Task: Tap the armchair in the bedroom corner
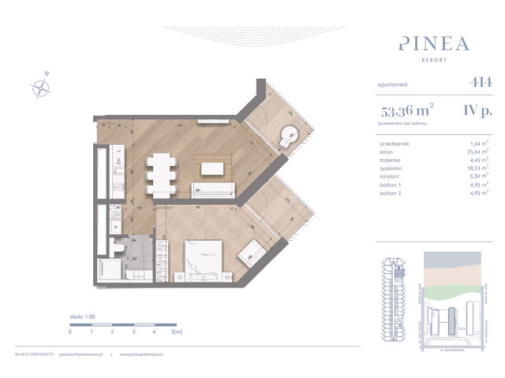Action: pyautogui.click(x=254, y=252)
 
